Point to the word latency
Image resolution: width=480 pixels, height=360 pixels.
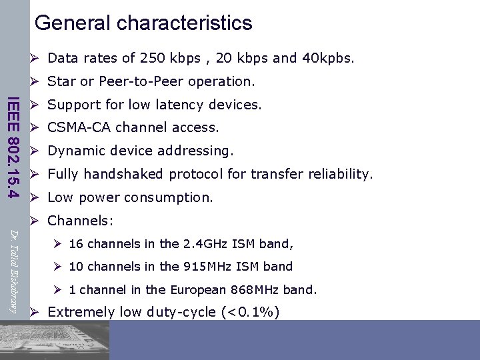181,105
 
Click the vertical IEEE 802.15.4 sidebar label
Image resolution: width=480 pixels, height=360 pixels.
12,148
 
